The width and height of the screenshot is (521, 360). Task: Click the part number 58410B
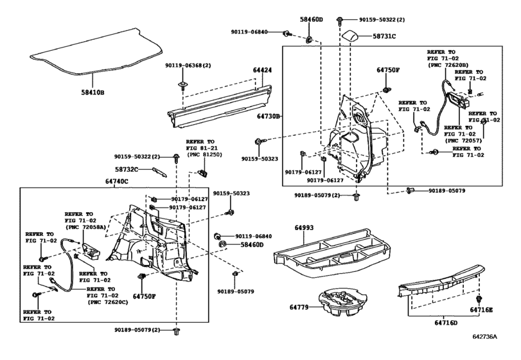(93, 92)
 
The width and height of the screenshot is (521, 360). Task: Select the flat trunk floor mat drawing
(96, 51)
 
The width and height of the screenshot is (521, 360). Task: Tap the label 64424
(262, 70)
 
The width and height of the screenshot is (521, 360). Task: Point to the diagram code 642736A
(485, 336)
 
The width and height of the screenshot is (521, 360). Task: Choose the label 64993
(304, 228)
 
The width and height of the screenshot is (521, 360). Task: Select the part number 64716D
(446, 323)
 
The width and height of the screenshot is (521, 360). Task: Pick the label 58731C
(384, 36)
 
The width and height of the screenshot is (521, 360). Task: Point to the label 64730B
(269, 116)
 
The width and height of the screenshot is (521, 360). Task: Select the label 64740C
(117, 181)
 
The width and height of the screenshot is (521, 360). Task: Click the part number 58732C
(127, 170)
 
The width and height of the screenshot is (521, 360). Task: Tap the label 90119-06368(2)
(188, 66)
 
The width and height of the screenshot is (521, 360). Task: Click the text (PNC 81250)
(205, 154)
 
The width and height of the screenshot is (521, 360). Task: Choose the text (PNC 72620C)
(108, 302)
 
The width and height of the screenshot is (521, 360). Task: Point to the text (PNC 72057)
(463, 141)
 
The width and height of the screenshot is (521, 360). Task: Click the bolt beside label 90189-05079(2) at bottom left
(176, 332)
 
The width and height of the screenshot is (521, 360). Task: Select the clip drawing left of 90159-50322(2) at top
(340, 21)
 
